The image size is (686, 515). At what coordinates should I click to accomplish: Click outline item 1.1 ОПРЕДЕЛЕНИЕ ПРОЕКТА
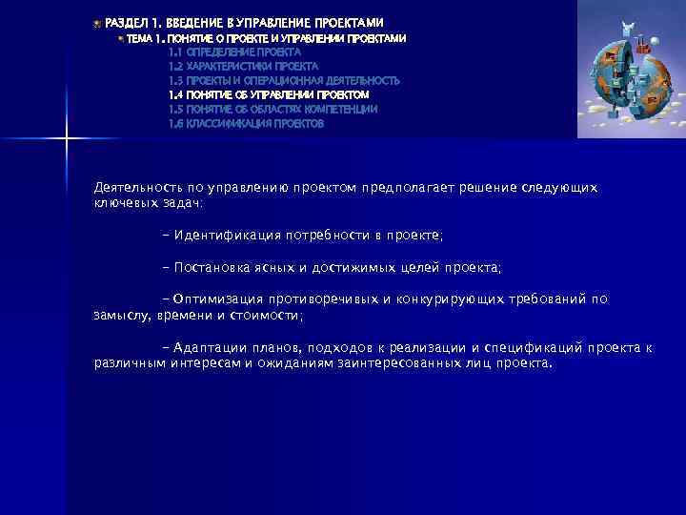coord(234,52)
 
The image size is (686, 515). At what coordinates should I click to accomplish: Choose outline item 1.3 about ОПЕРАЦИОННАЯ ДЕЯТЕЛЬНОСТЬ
coord(284,81)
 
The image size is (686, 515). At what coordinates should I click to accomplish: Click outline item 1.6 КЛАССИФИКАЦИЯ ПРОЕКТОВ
coord(246,124)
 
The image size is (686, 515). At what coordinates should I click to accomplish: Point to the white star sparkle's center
coord(66,142)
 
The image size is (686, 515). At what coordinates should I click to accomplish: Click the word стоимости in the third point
coord(267,315)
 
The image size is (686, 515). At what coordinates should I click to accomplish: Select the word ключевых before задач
coord(128,203)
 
